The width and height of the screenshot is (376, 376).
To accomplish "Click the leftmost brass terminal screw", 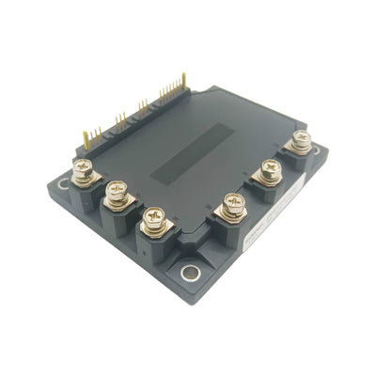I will point(82,173).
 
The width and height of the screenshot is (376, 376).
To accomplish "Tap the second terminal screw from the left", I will point(117,195).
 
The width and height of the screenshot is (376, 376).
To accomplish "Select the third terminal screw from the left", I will point(152,220).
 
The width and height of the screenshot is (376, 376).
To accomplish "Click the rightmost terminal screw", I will point(301,142).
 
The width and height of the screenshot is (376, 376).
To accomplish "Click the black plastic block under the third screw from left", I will point(152,246).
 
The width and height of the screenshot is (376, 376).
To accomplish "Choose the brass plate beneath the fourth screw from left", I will point(231,217).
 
